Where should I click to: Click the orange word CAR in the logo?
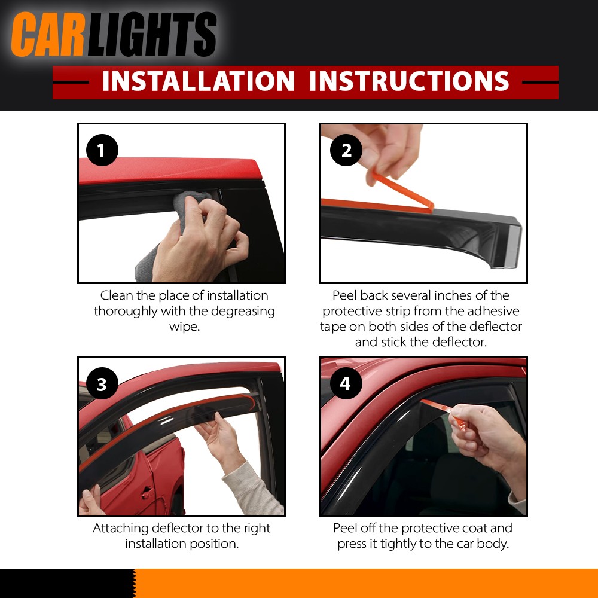(x=47, y=34)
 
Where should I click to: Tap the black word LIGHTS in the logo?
(x=152, y=34)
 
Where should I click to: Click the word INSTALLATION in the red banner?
(x=199, y=81)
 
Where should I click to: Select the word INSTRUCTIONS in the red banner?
(x=409, y=81)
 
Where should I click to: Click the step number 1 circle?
(x=102, y=150)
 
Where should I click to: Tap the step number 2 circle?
(x=346, y=150)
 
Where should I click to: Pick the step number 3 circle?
(x=102, y=383)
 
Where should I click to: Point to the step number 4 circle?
(x=346, y=383)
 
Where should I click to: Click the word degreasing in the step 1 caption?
(x=243, y=311)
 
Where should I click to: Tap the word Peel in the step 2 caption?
(x=344, y=295)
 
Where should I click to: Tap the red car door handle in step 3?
(x=146, y=492)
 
